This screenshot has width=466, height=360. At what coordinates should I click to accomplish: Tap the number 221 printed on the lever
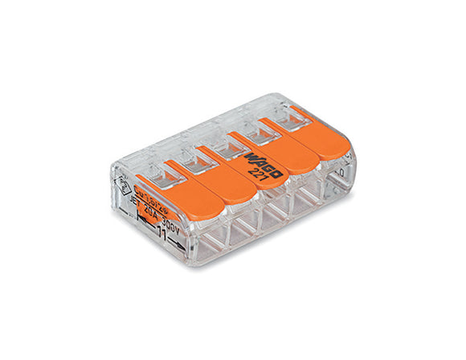[x=255, y=172]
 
